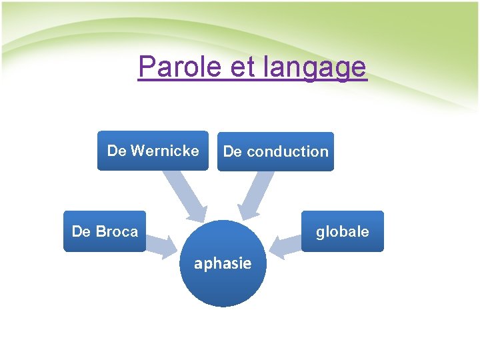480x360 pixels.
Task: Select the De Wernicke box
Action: pyautogui.click(x=153, y=151)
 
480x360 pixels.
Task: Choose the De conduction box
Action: pyautogui.click(x=275, y=151)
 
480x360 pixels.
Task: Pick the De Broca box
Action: pyautogui.click(x=105, y=231)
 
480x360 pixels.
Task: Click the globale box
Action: pyautogui.click(x=342, y=231)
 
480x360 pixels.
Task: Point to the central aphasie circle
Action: pyautogui.click(x=223, y=263)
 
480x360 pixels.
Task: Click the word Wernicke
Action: pyautogui.click(x=165, y=151)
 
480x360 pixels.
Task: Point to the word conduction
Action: pyautogui.click(x=287, y=151)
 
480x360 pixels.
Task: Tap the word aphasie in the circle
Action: pyautogui.click(x=223, y=263)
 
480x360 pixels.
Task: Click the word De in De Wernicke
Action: pyautogui.click(x=117, y=151)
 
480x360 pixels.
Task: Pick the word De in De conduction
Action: pyautogui.click(x=233, y=151)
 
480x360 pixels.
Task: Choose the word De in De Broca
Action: pyautogui.click(x=81, y=231)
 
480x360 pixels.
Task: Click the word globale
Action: pyautogui.click(x=342, y=231)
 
